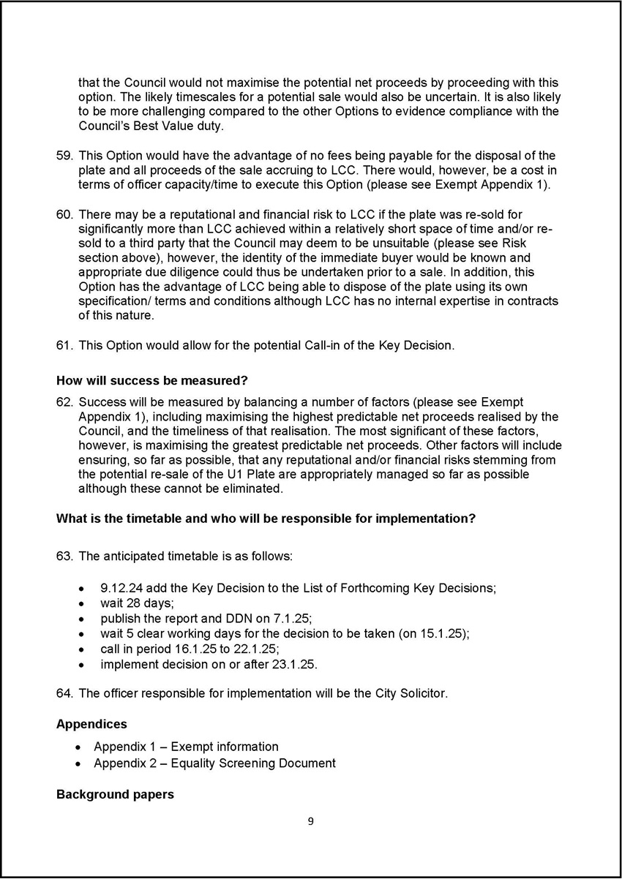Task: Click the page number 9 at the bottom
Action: [x=310, y=821]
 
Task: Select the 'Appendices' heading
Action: [x=91, y=724]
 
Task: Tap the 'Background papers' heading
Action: [x=115, y=793]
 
